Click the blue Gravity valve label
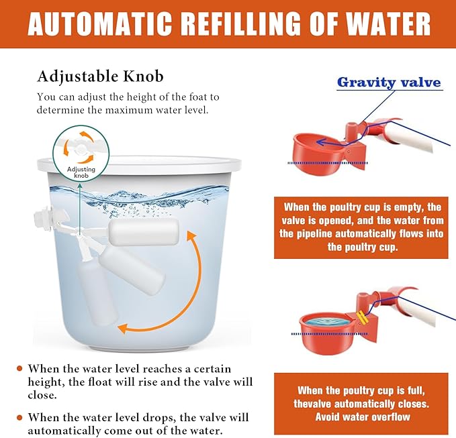(389, 83)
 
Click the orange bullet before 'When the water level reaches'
(20, 368)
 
